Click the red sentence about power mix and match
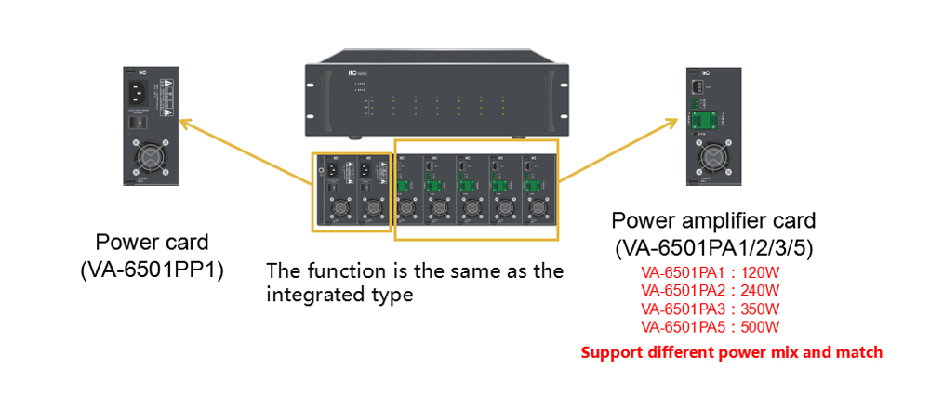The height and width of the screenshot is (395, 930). pos(731,353)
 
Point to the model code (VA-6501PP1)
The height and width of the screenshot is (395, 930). pos(156,270)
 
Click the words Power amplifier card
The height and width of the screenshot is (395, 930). pos(713,221)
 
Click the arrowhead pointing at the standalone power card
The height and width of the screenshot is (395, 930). pos(183,121)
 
